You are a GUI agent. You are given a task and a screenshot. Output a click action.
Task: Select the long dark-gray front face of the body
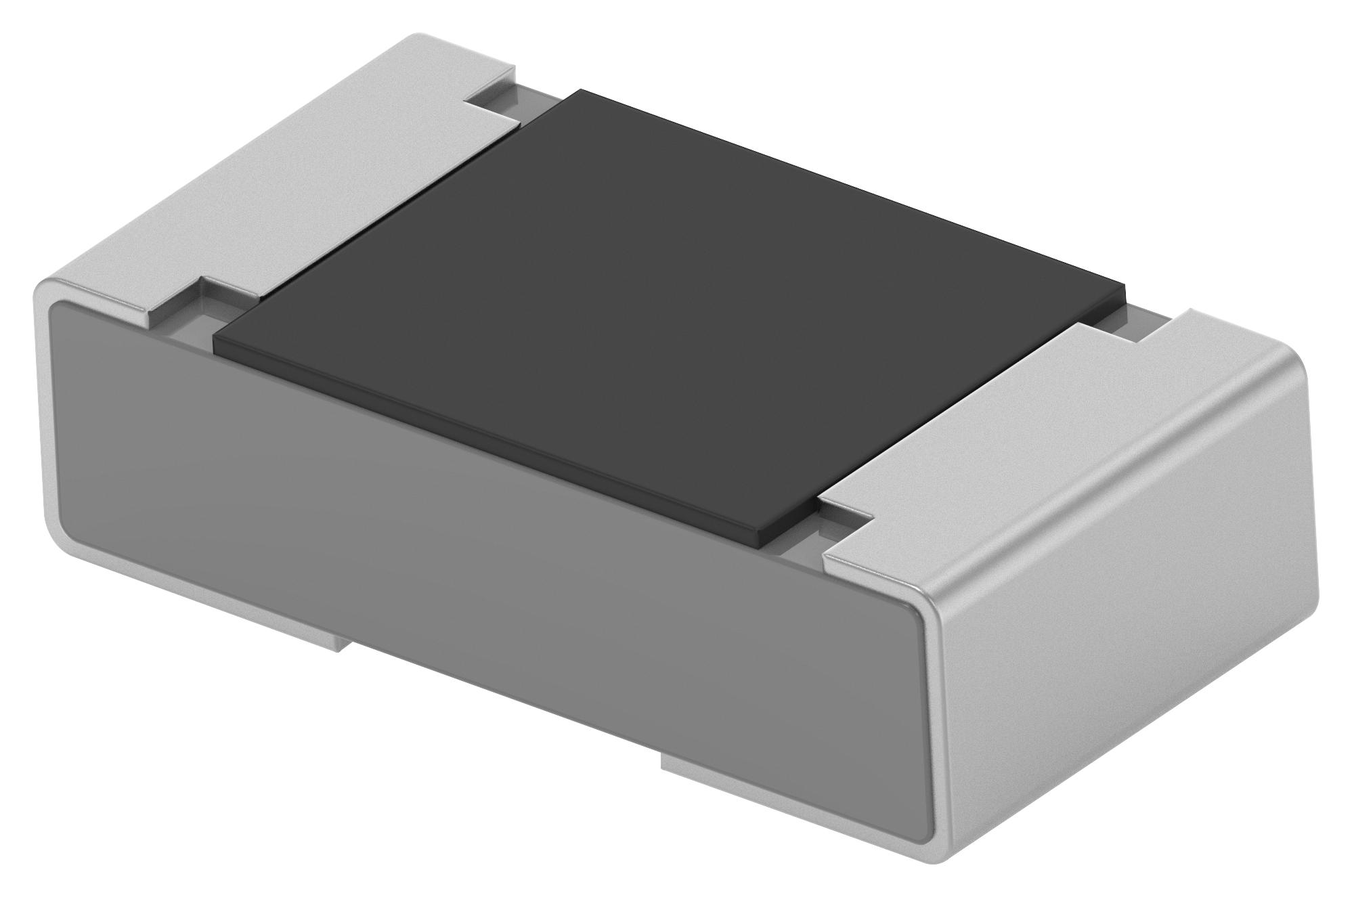[474, 542]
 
